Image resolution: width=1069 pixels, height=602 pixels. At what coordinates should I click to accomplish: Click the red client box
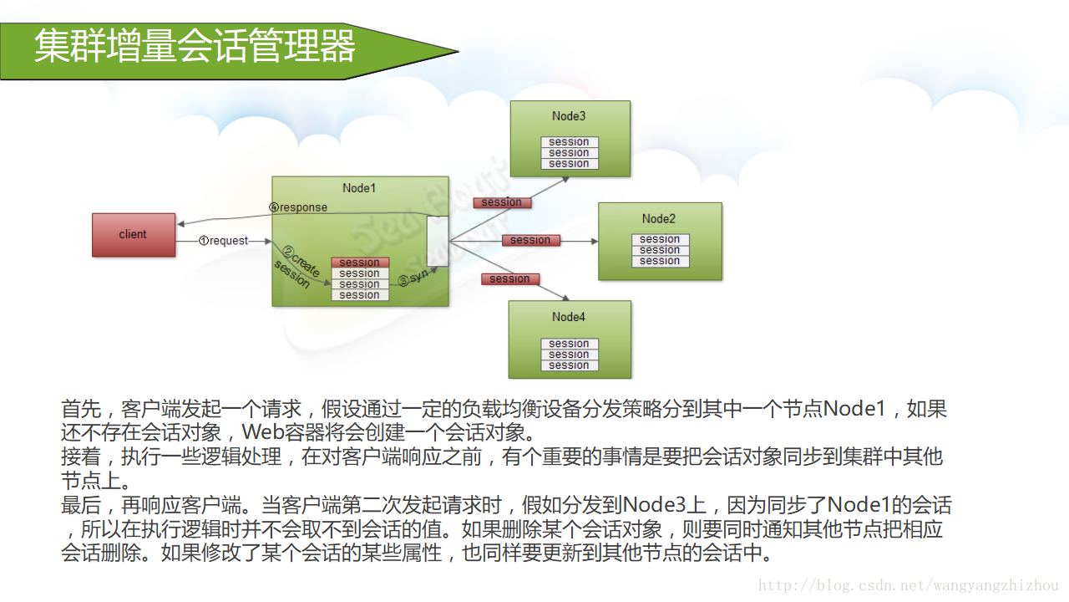[134, 235]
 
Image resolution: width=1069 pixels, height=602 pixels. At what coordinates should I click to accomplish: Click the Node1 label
[359, 188]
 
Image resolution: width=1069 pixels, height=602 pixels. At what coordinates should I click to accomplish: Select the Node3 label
[569, 116]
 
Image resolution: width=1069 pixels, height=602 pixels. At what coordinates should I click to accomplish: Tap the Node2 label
[659, 218]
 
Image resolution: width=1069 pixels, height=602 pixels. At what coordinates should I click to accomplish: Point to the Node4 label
[569, 317]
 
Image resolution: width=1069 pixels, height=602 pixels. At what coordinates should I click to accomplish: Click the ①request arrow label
[223, 241]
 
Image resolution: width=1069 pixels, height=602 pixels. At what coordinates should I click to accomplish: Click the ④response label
[298, 207]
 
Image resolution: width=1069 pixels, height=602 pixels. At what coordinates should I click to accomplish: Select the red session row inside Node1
[360, 263]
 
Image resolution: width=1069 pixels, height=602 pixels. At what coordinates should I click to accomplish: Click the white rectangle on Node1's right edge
[438, 241]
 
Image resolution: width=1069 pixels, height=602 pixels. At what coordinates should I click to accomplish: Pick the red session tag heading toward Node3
[502, 202]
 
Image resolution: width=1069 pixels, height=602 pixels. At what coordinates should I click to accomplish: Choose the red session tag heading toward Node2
[530, 240]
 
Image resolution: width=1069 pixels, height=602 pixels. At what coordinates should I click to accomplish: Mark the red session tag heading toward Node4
[509, 279]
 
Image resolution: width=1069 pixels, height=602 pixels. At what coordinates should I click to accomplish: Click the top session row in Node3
[569, 142]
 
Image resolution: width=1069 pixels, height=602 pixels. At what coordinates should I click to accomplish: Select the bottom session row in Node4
[569, 365]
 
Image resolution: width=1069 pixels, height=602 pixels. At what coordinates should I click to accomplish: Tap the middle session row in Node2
[660, 250]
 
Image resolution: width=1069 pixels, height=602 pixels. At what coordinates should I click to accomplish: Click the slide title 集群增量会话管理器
[195, 47]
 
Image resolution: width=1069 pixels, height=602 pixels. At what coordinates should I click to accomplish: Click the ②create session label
[296, 268]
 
